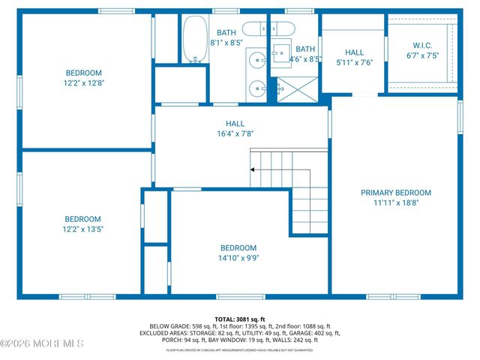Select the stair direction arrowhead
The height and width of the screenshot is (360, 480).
(x=253, y=170)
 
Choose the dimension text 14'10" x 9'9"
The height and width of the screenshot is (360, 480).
(x=238, y=259)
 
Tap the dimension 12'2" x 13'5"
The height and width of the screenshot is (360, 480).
(x=82, y=229)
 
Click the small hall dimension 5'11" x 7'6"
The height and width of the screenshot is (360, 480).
(x=354, y=63)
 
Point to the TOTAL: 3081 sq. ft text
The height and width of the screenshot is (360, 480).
(x=240, y=319)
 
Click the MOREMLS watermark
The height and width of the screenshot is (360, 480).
(x=42, y=343)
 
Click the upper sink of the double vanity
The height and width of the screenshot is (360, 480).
(x=257, y=58)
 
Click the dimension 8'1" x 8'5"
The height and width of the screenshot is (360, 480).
(x=226, y=43)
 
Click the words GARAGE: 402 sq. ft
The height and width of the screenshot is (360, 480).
(x=313, y=333)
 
